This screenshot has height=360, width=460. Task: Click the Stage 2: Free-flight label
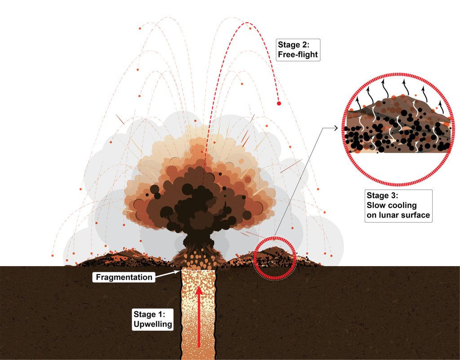pyautogui.click(x=298, y=50)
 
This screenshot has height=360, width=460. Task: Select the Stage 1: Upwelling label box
pyautogui.click(x=153, y=319)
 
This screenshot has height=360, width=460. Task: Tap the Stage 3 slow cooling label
pyautogui.click(x=398, y=206)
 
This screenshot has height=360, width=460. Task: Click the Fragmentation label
pyautogui.click(x=124, y=277)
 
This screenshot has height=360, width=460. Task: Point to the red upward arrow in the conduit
pyautogui.click(x=199, y=316)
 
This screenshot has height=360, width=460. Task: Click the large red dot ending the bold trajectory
pyautogui.click(x=279, y=103)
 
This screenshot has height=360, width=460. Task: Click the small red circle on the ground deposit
pyautogui.click(x=275, y=258)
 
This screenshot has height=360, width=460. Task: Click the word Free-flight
pyautogui.click(x=298, y=54)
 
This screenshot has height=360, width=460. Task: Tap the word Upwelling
pyautogui.click(x=153, y=324)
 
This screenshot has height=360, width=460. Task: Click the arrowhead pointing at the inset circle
pyautogui.click(x=336, y=128)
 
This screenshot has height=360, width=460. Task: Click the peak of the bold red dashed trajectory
pyautogui.click(x=247, y=22)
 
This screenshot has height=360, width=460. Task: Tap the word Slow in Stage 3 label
pyautogui.click(x=374, y=205)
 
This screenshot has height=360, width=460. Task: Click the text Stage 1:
pyautogui.click(x=149, y=314)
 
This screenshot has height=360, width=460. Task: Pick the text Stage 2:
pyautogui.click(x=294, y=44)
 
